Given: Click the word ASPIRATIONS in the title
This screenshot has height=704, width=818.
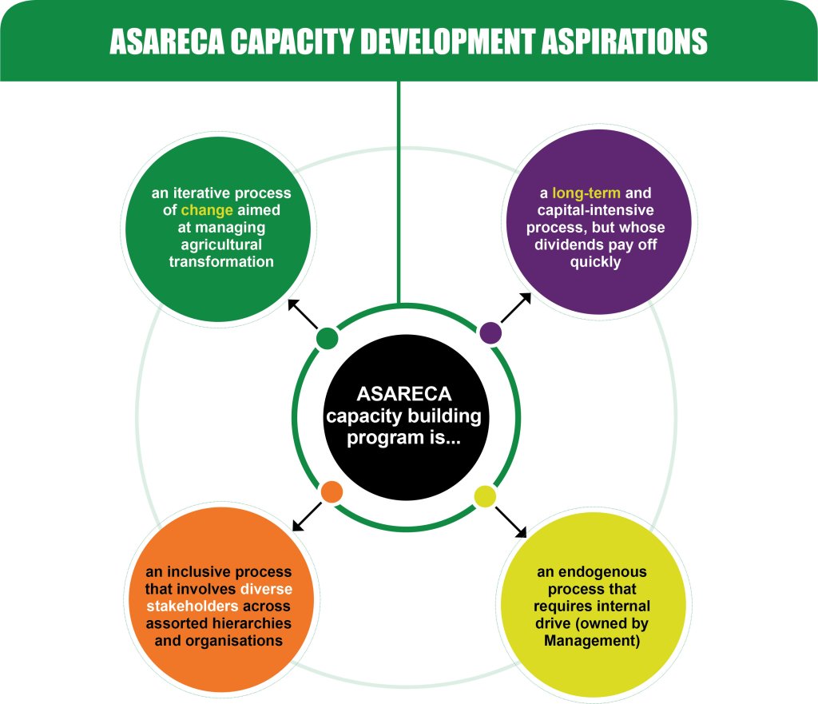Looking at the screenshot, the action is [625, 42].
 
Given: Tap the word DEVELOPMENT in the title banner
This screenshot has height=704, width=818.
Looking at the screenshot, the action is [447, 42].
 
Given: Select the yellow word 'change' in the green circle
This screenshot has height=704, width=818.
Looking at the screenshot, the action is [207, 210].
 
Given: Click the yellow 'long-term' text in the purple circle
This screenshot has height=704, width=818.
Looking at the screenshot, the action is [586, 193].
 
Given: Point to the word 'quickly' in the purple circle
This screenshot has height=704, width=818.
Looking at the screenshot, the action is [595, 262].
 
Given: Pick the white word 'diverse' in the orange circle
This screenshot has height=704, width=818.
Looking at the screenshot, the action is [266, 589].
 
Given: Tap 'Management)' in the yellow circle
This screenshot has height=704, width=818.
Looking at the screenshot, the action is [592, 640].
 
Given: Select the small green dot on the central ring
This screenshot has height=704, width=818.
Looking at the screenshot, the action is [327, 338].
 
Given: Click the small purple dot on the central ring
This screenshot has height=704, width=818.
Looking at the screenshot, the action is [490, 333].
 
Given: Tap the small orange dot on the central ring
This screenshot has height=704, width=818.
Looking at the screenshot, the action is [332, 491].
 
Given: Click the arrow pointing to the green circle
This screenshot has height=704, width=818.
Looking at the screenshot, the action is [303, 313].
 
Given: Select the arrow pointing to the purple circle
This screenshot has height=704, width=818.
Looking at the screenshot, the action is [516, 308].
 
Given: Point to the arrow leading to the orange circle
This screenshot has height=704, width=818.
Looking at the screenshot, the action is [307, 517].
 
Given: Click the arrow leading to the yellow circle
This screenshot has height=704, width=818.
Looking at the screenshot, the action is [510, 522].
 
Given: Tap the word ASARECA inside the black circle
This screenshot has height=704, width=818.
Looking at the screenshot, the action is [404, 394].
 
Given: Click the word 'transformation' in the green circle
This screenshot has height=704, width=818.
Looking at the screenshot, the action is [221, 261].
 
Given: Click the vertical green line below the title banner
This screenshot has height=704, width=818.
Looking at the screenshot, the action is [399, 192].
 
